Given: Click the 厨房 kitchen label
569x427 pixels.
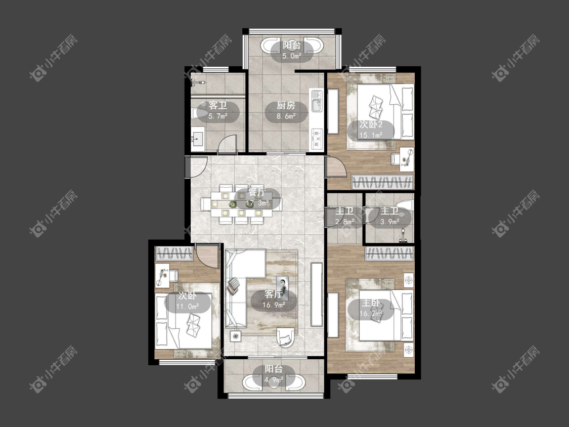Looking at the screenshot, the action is pos(286,106).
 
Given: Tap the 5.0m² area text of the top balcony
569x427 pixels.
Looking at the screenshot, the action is pos(292,56).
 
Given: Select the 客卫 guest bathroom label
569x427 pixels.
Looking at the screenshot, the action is pos(217,106).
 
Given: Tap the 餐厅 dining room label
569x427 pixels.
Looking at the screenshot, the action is pos(257,192).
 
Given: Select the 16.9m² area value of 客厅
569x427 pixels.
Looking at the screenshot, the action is pos(274,305).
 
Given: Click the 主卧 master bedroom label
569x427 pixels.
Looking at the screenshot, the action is pos(371,303).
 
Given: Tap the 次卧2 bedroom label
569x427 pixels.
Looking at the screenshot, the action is pos(371,124).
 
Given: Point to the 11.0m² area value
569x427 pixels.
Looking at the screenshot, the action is pos(187,307).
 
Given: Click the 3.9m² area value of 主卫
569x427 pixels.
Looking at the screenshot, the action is pos(390,222).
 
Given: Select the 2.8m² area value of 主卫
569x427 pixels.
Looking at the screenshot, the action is pos(345,222).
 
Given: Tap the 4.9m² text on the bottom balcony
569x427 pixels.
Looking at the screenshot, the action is pos(274,380).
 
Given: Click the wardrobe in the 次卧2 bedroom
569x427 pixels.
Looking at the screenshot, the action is pos(382,182).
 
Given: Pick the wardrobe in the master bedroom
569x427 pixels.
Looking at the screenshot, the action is pos(389,254).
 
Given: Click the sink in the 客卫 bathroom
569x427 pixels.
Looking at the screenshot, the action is pos(198,139).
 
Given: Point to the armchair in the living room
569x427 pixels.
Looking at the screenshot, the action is pos(287,338).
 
